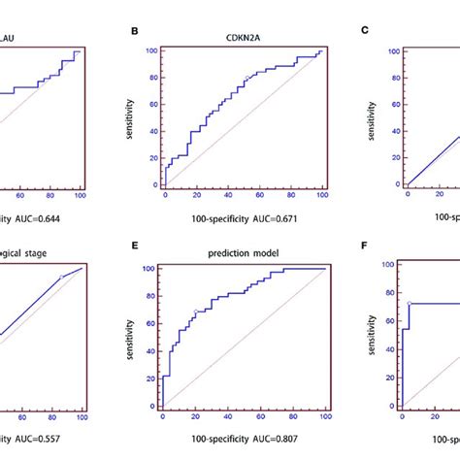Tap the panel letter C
pyautogui.click(x=365, y=31)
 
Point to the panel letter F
pyautogui.click(x=365, y=246)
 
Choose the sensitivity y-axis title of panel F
pyautogui.click(x=374, y=333)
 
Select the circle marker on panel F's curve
pyautogui.click(x=410, y=304)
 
